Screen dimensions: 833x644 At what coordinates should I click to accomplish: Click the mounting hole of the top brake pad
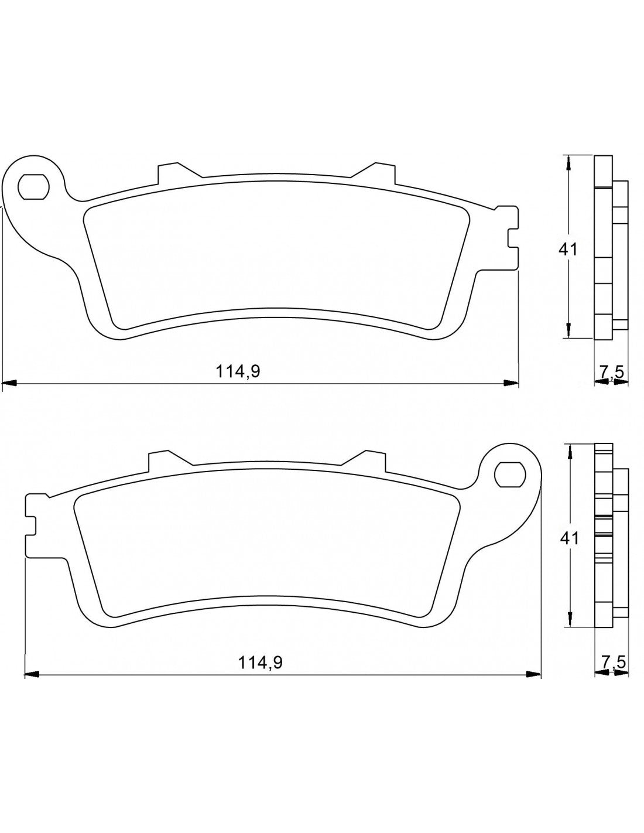click(33, 187)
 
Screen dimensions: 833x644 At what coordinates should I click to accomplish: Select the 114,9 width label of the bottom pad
click(261, 662)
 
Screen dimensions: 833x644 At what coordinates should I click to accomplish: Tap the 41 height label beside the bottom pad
click(568, 538)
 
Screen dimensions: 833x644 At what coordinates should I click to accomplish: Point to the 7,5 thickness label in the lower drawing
click(614, 662)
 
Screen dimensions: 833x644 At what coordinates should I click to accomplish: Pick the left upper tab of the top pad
click(168, 172)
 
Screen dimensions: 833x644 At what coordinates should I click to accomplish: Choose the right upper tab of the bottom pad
click(370, 459)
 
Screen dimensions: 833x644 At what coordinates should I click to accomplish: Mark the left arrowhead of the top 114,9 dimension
click(8, 384)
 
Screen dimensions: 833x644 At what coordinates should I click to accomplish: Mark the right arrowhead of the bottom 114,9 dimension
click(534, 674)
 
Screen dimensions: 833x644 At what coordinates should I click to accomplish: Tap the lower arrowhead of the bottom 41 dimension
click(568, 620)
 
